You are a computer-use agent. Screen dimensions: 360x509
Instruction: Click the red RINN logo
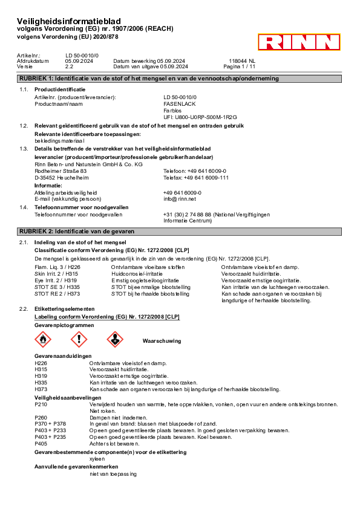pos(299,42)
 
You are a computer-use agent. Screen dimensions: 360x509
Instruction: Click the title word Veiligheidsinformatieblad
pos(69,21)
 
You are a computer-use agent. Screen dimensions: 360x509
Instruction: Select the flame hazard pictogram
pos(43,340)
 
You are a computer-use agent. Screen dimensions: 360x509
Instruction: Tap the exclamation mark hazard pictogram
pos(79,340)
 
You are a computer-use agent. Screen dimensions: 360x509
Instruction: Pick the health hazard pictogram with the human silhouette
pos(115,340)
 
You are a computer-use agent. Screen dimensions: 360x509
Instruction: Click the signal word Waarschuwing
pos(162,341)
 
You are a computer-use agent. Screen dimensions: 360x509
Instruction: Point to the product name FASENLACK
pos(180,104)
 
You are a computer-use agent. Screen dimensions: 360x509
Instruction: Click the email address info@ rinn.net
pos(180,199)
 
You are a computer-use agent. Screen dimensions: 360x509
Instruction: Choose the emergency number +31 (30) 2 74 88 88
pos(187,215)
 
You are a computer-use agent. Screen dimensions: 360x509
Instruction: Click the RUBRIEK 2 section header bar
pos(179,232)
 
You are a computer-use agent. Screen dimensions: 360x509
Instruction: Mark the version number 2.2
pos(69,66)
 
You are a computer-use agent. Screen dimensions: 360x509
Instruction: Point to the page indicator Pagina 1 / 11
pos(239,66)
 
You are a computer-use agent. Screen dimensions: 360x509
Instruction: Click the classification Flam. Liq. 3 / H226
pos(57,267)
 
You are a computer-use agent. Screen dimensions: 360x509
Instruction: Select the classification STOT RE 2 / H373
pos(57,294)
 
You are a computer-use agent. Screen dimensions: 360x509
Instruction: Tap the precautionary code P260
pos(41,418)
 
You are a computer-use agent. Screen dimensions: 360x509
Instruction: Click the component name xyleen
pos(97,459)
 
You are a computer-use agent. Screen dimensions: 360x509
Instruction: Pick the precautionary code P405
pos(41,444)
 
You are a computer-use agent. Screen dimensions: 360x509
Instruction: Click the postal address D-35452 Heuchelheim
pos(62,178)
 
